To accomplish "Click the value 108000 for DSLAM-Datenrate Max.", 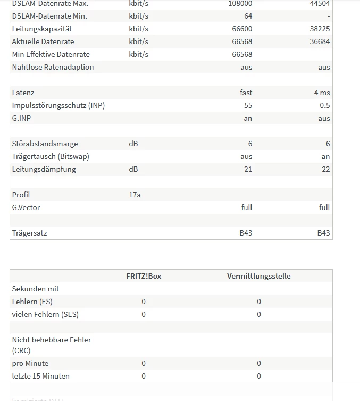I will (240, 3).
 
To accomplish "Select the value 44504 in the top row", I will (320, 3).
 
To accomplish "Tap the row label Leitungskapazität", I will (42, 29).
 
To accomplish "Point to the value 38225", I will (320, 29).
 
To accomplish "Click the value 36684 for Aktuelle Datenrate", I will (320, 41).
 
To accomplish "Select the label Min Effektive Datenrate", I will (51, 54).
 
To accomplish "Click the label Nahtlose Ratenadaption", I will (53, 67).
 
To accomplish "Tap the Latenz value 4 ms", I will (322, 93).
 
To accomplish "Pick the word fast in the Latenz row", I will (246, 93).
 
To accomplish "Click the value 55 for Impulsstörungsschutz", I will (248, 105).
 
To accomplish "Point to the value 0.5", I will (324, 105).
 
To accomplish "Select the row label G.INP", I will (21, 118).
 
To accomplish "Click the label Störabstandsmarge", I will (45, 144).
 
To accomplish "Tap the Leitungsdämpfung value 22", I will (325, 169).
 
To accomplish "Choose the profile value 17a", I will (135, 195).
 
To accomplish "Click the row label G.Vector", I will (26, 207).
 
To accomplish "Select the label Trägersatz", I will (29, 233).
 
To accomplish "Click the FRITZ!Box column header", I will (144, 276).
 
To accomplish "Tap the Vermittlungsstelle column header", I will (258, 276).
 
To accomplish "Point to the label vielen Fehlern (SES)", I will (45, 314).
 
